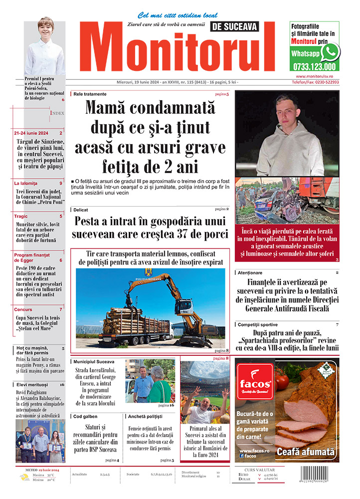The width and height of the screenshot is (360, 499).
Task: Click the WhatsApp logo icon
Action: pos(330,52)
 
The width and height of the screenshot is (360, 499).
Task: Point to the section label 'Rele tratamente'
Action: pos(90,94)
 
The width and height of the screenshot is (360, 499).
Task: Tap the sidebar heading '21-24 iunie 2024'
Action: pos(31,133)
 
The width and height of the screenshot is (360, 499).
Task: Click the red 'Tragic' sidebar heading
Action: pos(21,216)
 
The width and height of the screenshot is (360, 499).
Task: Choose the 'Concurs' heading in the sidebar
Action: pos(23,309)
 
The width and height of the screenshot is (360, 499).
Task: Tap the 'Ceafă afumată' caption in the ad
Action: pos(306,452)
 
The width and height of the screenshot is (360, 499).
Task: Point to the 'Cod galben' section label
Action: pos(86,416)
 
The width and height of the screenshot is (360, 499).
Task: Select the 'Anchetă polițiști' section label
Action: pos(145,416)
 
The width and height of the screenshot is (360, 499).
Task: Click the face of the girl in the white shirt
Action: pos(45,30)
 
